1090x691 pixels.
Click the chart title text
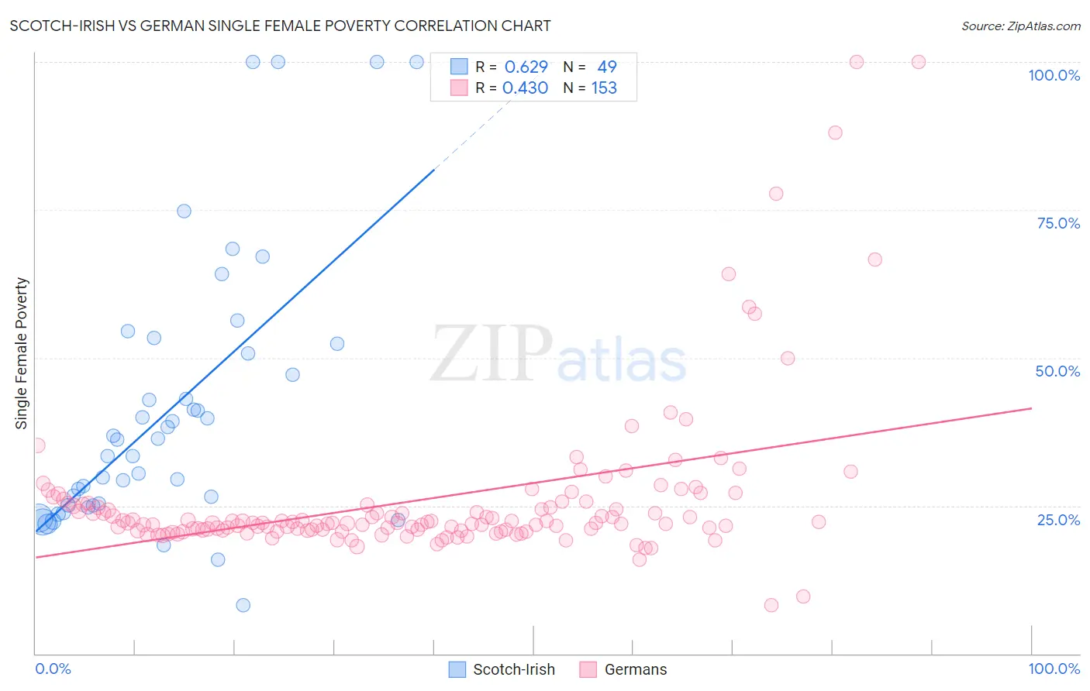tap(280, 26)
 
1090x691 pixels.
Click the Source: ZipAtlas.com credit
tap(1020, 26)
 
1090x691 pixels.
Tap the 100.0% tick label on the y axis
tap(1054, 75)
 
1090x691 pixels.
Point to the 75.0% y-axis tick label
tap(1058, 223)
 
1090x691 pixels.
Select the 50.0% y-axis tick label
tap(1057, 371)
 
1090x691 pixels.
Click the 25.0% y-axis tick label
tap(1058, 519)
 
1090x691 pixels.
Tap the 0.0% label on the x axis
tap(53, 669)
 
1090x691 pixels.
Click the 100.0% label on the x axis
tap(1054, 669)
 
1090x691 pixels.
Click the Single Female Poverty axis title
tap(22, 353)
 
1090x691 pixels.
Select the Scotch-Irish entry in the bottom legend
tap(513, 669)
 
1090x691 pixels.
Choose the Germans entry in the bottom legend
tap(635, 669)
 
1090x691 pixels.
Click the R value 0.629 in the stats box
tap(526, 67)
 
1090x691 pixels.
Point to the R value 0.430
tap(525, 88)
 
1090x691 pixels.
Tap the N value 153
tap(604, 88)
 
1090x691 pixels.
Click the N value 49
tap(606, 67)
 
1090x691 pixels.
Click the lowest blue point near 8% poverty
tap(243, 605)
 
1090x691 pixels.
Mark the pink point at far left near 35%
tap(37, 445)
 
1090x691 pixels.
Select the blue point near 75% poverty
tap(184, 211)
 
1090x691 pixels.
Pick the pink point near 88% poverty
tap(835, 132)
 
